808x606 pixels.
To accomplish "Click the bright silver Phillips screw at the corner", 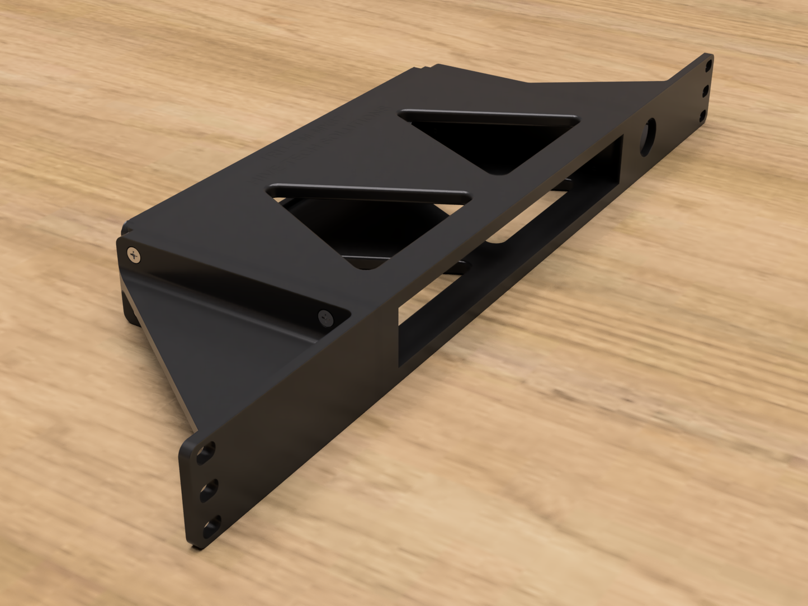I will click(x=134, y=255).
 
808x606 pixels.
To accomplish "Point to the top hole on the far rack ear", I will click(x=708, y=67).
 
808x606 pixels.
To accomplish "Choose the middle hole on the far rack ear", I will click(x=706, y=91).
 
